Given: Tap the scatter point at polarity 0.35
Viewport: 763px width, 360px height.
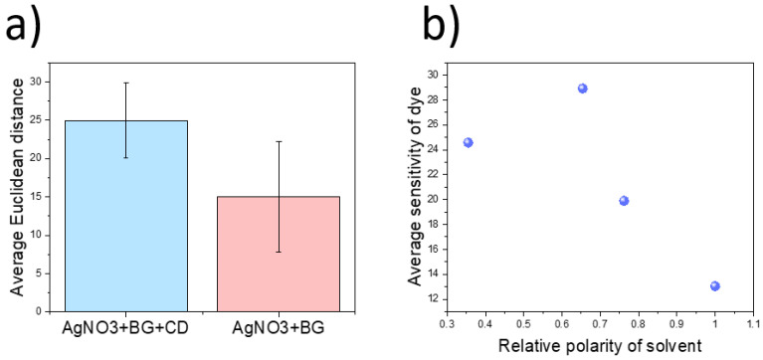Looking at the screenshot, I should tap(468, 142).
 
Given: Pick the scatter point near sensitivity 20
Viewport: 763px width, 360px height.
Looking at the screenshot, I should tap(624, 200).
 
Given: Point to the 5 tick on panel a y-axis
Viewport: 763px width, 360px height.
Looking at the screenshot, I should tap(38, 272).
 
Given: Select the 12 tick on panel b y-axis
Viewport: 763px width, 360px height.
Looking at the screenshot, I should tap(433, 298).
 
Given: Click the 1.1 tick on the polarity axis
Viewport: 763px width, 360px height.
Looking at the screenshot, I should tap(752, 324).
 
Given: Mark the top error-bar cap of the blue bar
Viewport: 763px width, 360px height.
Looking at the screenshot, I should tap(125, 83).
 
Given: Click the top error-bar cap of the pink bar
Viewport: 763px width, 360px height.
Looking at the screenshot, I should tap(278, 141).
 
